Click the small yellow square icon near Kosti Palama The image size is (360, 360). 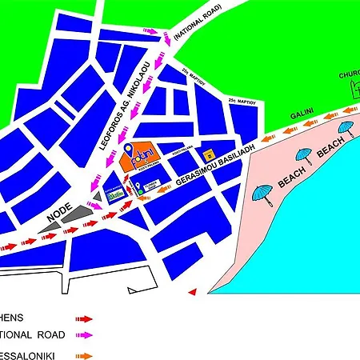(210, 154)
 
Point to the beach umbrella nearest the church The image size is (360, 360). (346, 128)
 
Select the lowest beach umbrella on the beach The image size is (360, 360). (262, 193)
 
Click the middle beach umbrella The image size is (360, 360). (304, 154)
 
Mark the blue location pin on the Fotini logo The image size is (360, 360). (130, 150)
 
